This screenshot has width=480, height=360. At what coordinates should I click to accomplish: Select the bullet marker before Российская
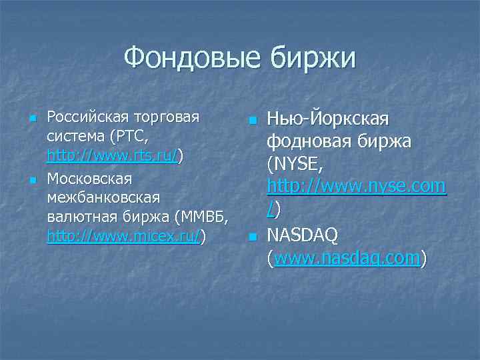point(32,119)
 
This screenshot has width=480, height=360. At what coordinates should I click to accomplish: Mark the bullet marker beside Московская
point(32,181)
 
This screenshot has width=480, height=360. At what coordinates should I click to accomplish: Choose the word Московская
point(89,179)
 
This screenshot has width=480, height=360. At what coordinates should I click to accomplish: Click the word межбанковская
point(103,198)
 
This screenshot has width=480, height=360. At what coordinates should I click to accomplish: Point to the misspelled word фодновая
point(309,142)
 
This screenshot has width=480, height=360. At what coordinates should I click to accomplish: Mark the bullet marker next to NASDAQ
point(251,237)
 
